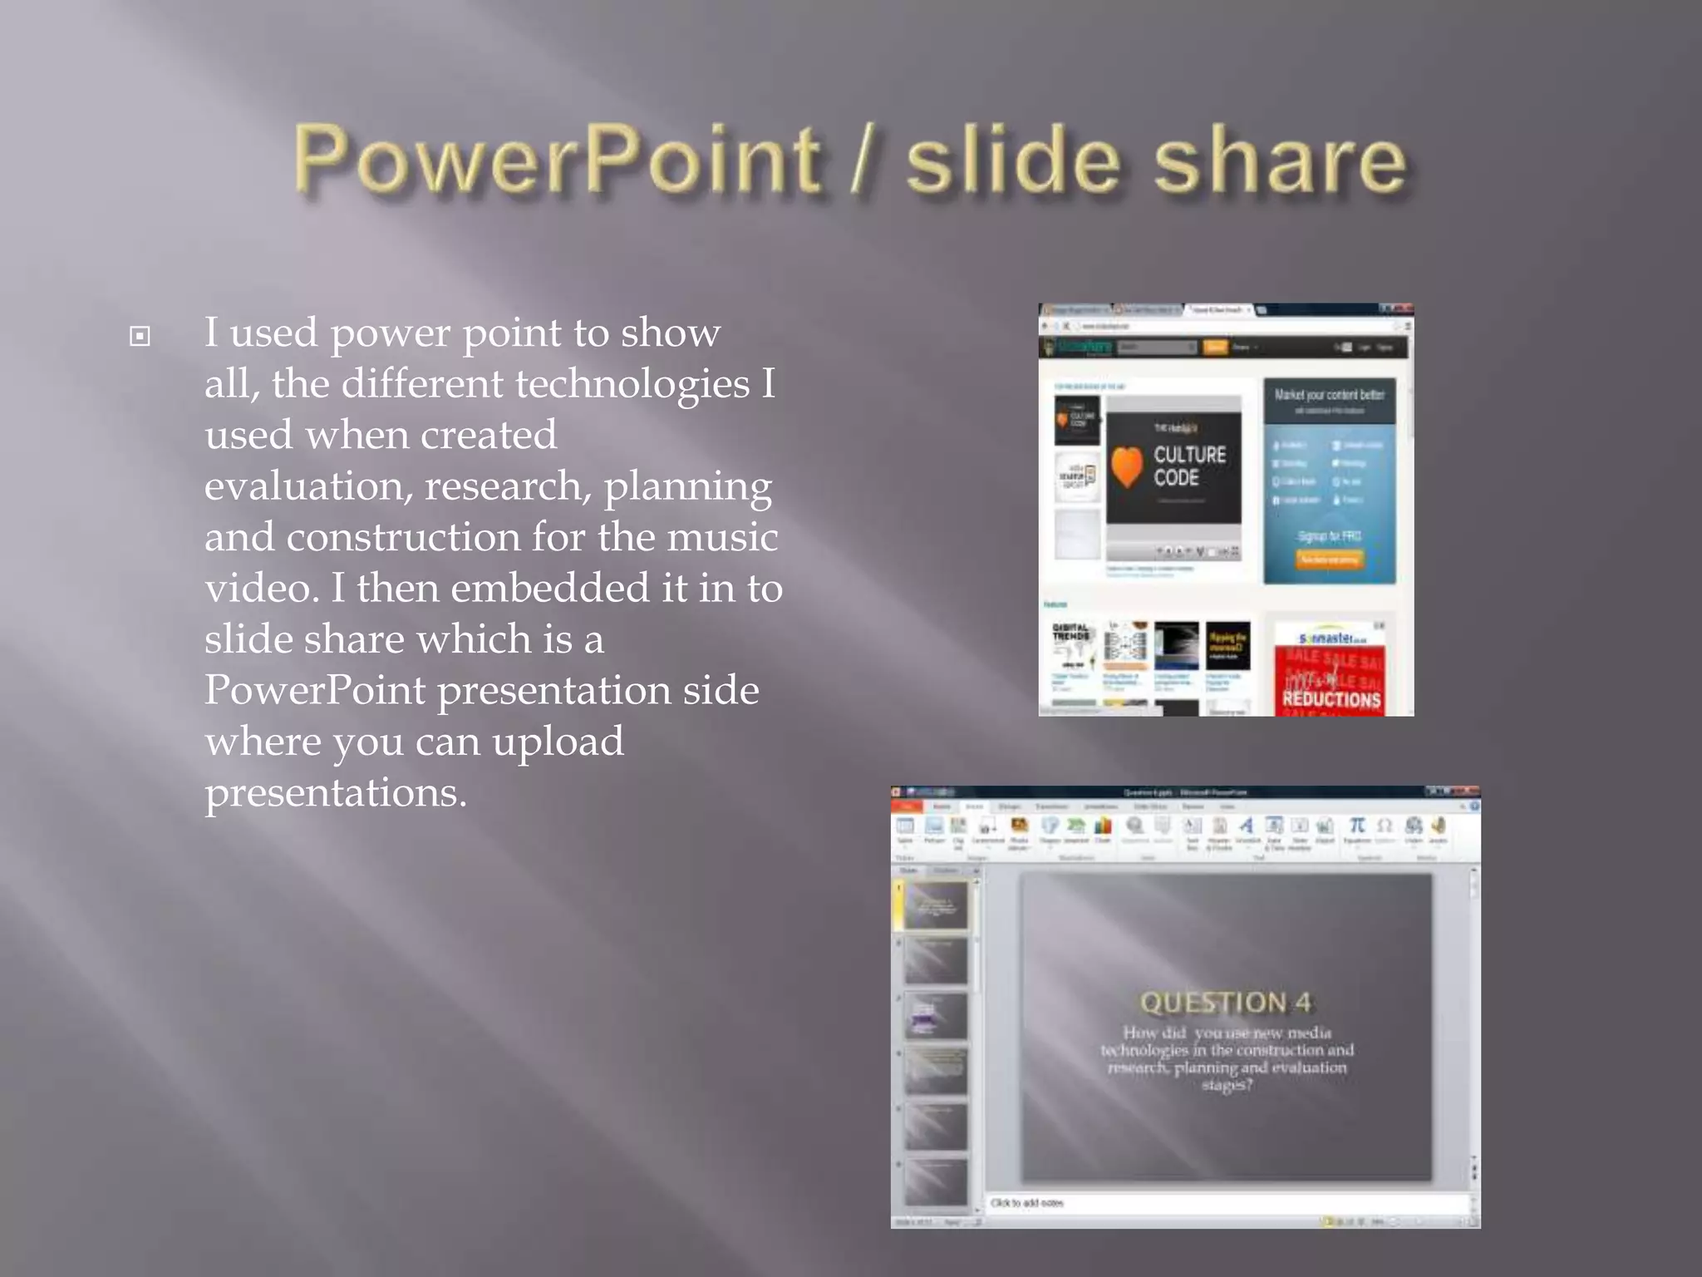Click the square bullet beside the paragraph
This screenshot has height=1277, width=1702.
tap(140, 336)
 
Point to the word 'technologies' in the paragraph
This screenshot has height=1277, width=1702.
tap(632, 384)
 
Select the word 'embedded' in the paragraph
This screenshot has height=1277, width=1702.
tap(549, 589)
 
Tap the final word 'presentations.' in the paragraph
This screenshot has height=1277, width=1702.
tap(336, 792)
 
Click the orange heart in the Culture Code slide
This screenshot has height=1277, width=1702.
tap(1127, 466)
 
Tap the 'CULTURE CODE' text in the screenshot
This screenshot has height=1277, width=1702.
tap(1189, 466)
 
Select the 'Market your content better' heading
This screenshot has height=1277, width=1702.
tap(1329, 395)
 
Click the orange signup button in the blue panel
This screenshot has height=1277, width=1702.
tap(1329, 560)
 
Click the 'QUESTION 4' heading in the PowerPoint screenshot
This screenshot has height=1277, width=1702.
tap(1225, 1003)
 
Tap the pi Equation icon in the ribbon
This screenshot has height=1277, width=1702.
tap(1356, 826)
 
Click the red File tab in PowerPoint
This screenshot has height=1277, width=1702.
tap(906, 806)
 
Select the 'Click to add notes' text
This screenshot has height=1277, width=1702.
tap(1026, 1203)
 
